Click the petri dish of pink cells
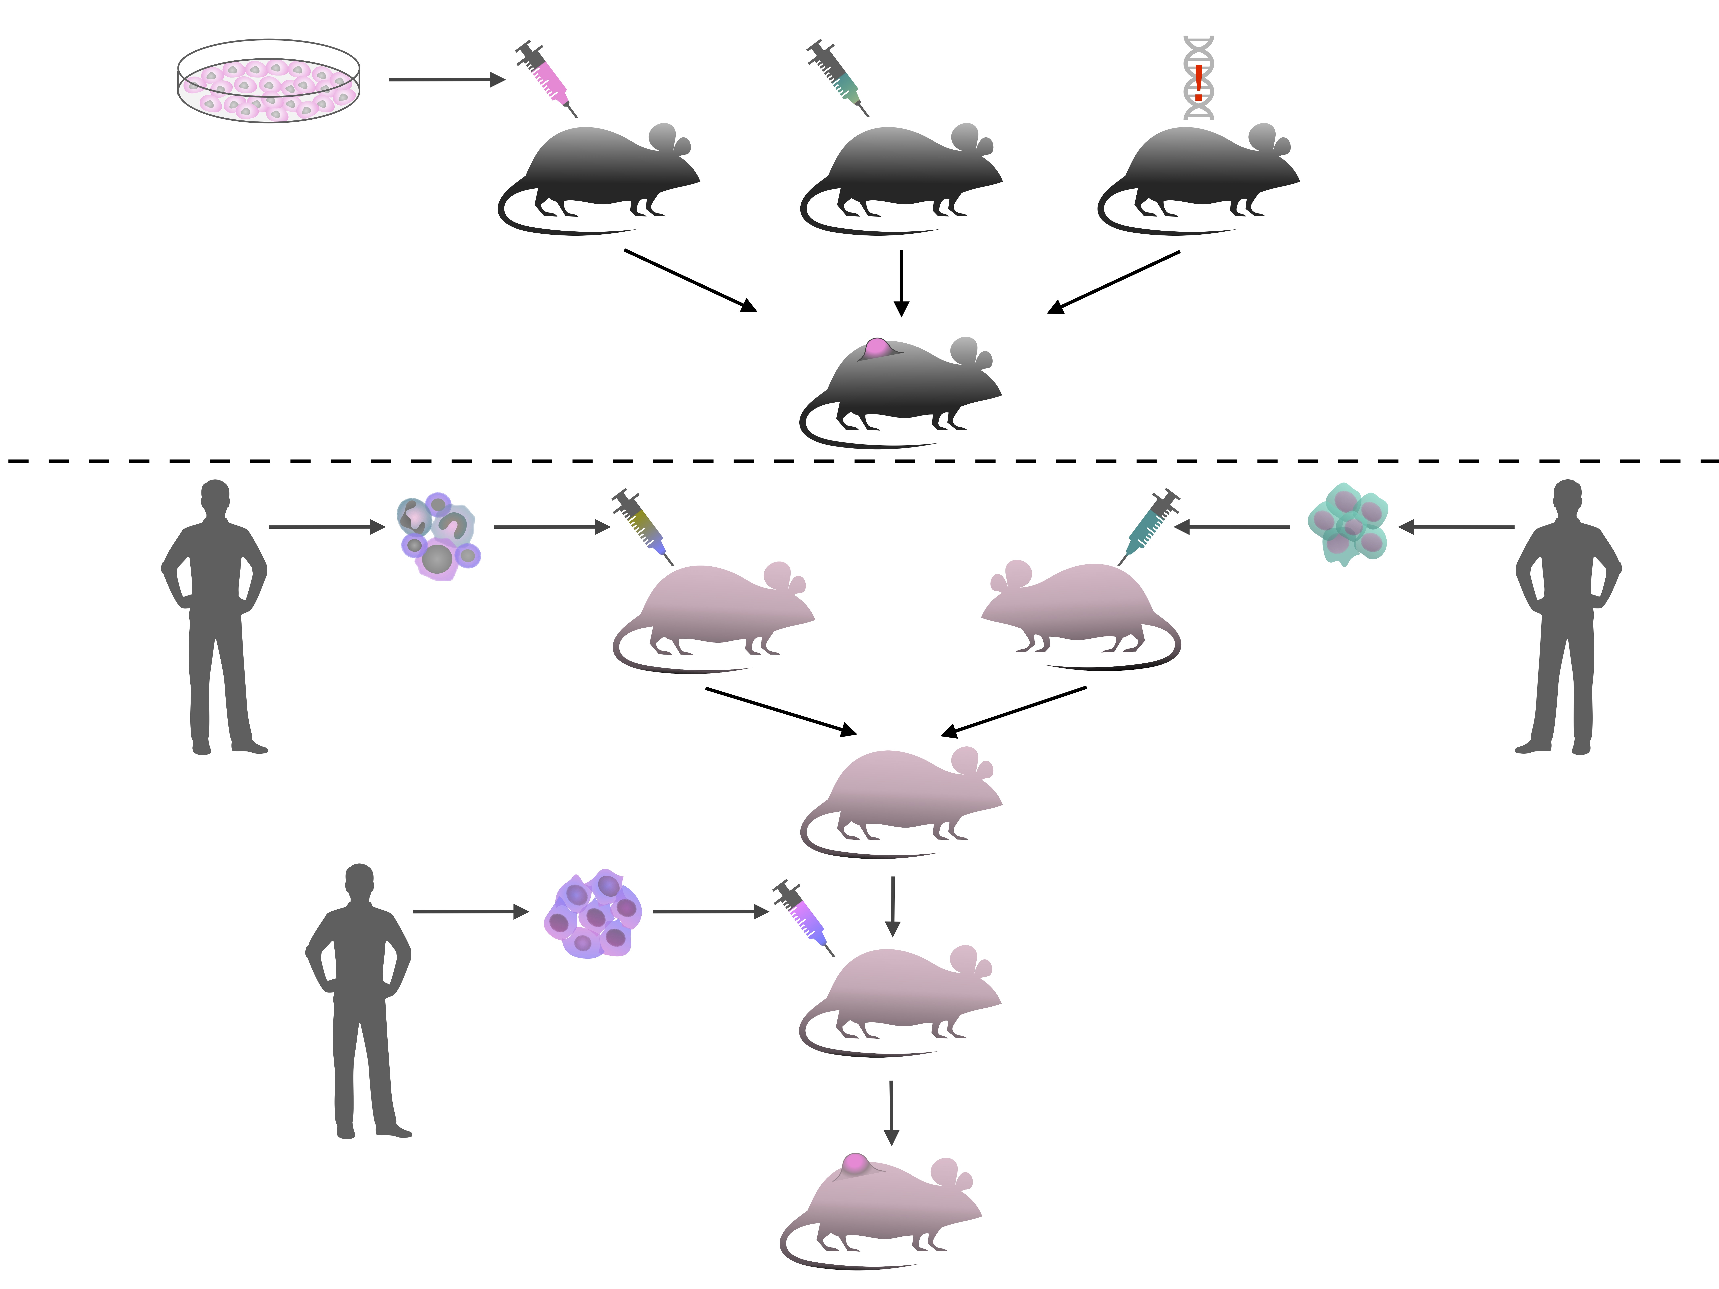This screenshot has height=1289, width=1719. (269, 82)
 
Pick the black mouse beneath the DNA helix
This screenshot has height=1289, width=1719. (1201, 179)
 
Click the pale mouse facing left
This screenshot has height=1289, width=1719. (1080, 614)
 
